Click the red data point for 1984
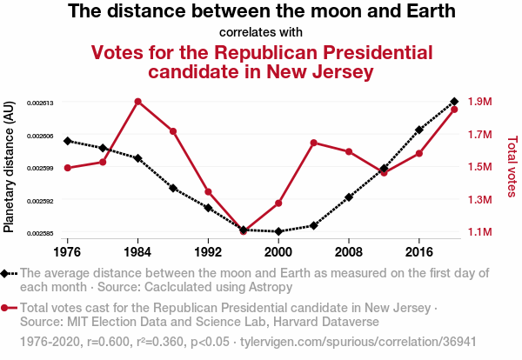(137, 102)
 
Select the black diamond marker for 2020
(454, 102)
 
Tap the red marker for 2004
(313, 143)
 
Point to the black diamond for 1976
(68, 141)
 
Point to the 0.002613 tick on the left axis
(40, 103)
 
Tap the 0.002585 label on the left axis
(40, 233)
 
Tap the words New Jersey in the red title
(322, 70)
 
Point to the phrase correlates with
(261, 32)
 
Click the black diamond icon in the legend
(5, 273)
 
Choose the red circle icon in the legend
(5, 308)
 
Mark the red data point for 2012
(384, 172)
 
